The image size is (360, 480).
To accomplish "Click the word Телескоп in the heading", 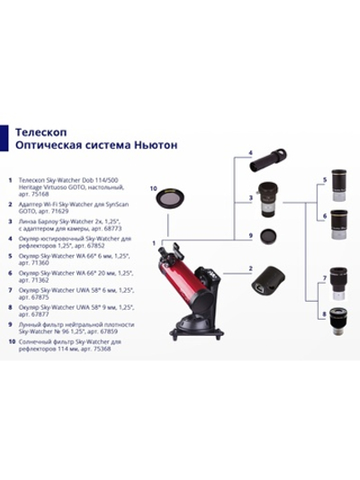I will pos(40,130).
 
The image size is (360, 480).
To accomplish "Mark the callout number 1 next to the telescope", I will pos(154,242).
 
